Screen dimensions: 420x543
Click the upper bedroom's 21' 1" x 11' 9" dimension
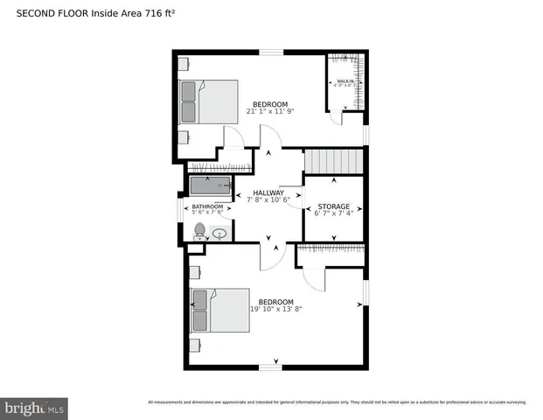coord(270,112)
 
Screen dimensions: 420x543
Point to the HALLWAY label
coord(268,192)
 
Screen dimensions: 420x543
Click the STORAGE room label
coord(333,206)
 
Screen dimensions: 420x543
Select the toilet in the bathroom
coord(199,231)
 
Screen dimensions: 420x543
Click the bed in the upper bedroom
coord(208,101)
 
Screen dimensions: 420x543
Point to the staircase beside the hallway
coord(332,162)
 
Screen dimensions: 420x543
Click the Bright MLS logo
coord(35,408)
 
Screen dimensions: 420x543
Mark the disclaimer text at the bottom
coord(337,402)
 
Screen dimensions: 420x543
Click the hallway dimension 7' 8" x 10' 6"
coord(268,199)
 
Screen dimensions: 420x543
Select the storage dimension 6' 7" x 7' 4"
coord(333,213)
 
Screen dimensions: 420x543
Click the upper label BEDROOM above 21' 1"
coord(270,104)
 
